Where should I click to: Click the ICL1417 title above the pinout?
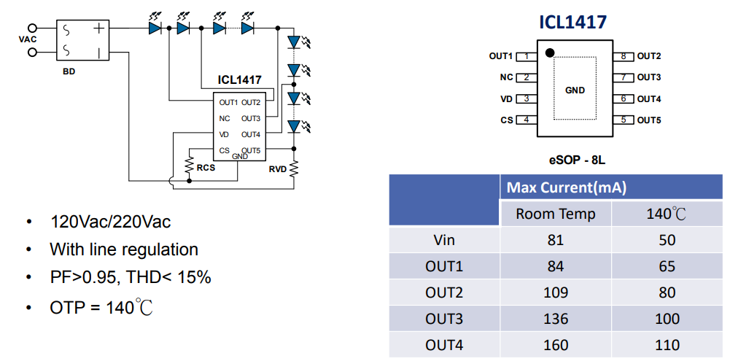point(572,23)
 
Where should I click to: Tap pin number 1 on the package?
point(525,56)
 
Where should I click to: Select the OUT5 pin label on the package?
point(648,120)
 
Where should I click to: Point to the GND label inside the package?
point(575,90)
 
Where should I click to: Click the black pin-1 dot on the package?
point(550,53)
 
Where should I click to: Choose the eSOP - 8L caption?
point(575,158)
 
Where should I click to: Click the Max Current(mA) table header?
point(566,188)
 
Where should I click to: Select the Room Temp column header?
point(555,214)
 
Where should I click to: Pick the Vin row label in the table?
point(443,240)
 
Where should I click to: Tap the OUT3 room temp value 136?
point(555,319)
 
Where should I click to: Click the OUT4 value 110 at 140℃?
point(667,345)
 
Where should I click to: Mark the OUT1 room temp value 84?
point(555,266)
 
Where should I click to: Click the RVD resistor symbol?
point(295,169)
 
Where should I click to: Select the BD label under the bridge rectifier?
point(69,71)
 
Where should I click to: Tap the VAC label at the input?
point(28,39)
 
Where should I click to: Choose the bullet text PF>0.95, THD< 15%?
point(131,278)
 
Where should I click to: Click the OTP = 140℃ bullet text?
point(101,307)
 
